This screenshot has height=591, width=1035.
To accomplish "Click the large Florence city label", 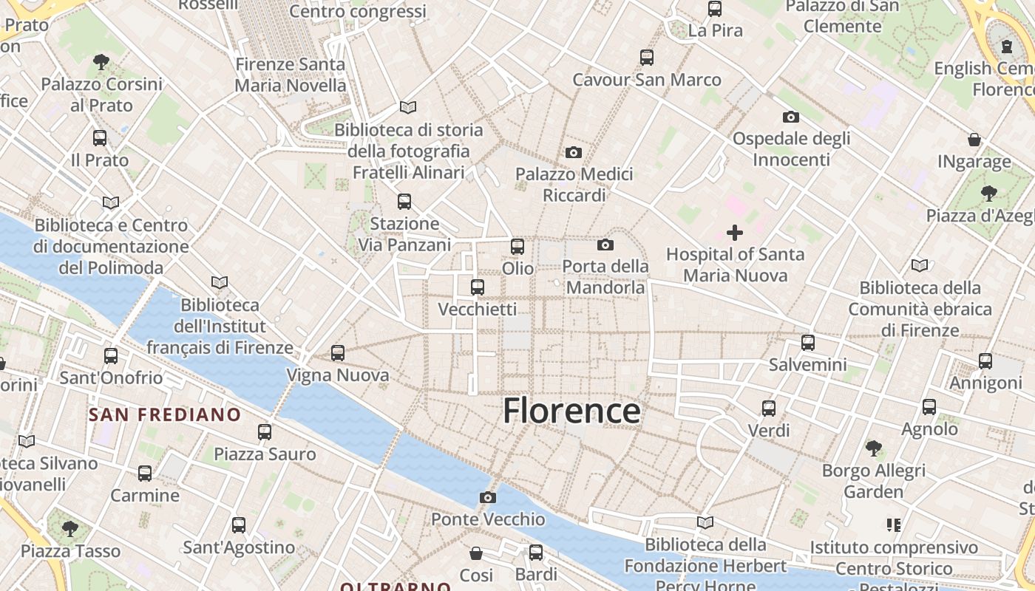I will click(x=571, y=411).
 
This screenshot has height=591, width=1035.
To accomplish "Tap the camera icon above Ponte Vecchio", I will click(x=487, y=497).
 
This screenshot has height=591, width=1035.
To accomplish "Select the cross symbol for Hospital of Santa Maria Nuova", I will click(x=734, y=233).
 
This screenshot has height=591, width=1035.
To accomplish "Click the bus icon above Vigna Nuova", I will click(x=338, y=353).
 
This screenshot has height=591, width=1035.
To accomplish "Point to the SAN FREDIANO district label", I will click(x=165, y=414).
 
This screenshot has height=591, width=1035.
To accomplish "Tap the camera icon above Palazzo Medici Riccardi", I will click(x=573, y=153).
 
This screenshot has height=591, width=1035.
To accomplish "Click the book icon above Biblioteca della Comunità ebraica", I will click(x=920, y=265).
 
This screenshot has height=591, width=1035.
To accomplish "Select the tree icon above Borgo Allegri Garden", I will click(x=873, y=448).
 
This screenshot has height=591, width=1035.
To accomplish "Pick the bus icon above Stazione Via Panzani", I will click(x=404, y=201).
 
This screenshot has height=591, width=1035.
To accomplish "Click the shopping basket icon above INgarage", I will click(x=974, y=140).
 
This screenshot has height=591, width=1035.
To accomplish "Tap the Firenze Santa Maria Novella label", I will click(x=291, y=75).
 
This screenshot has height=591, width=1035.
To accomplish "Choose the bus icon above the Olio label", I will click(x=517, y=247).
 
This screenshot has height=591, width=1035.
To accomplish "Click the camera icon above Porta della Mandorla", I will click(x=605, y=245).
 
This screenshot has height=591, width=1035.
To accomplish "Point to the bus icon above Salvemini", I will click(x=808, y=343).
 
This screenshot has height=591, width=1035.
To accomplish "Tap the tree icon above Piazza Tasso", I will click(x=70, y=528).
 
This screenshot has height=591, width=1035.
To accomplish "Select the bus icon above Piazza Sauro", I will click(x=265, y=432).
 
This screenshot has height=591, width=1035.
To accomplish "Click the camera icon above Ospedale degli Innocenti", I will click(x=791, y=117).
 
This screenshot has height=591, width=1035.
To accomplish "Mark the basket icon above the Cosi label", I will click(x=476, y=553).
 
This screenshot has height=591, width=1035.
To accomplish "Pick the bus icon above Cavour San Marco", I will click(x=647, y=57).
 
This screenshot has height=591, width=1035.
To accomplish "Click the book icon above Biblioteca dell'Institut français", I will click(x=220, y=282).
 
